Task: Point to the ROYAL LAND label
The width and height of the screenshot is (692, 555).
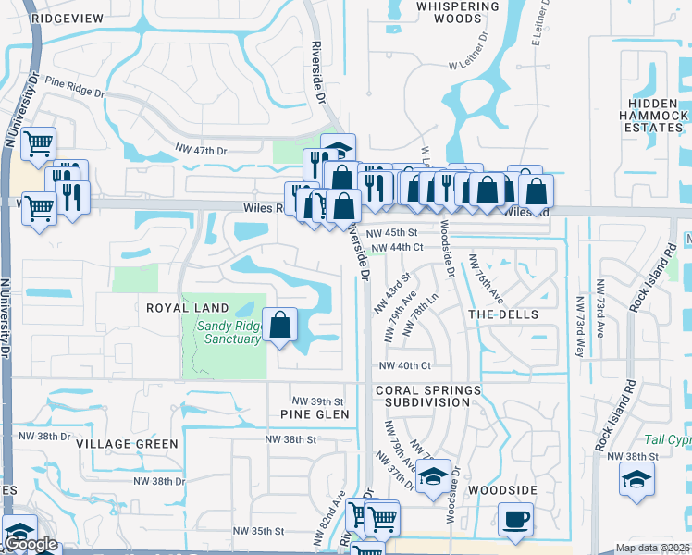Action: [180, 306]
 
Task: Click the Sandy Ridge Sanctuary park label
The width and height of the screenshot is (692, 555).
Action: [228, 332]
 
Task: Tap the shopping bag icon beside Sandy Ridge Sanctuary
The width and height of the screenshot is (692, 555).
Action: [280, 327]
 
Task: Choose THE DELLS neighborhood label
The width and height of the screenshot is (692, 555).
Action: [503, 314]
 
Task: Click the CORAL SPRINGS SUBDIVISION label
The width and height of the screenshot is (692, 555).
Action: [427, 396]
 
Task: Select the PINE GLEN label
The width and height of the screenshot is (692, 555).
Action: [315, 414]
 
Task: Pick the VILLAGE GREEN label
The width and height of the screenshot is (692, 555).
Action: [128, 444]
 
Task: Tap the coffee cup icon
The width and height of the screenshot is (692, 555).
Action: [515, 519]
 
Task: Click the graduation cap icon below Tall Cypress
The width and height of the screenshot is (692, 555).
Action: [636, 480]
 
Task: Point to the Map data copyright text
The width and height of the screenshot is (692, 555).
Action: [652, 548]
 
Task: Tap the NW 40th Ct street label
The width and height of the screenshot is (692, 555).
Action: [405, 366]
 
